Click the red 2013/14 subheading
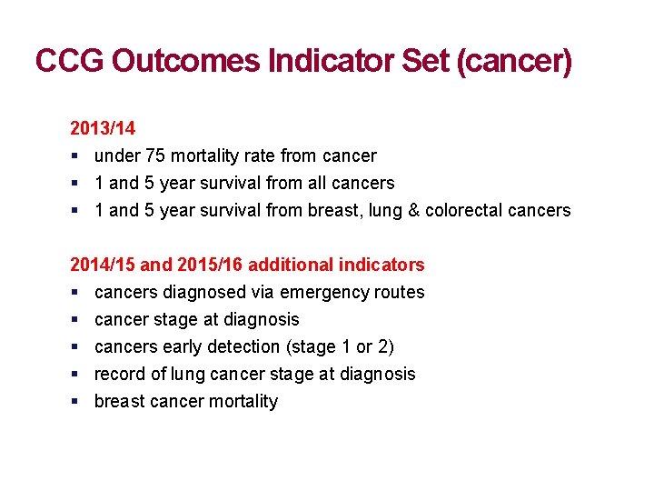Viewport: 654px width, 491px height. tap(103, 128)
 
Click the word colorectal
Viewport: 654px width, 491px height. tap(460, 210)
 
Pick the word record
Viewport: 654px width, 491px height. tap(118, 374)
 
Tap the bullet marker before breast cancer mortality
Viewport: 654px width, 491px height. tap(74, 402)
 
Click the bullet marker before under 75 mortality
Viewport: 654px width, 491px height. tap(74, 156)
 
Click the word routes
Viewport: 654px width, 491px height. tap(401, 292)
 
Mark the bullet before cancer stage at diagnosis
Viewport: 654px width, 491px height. tap(74, 320)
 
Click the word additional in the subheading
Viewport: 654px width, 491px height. tap(287, 265)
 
